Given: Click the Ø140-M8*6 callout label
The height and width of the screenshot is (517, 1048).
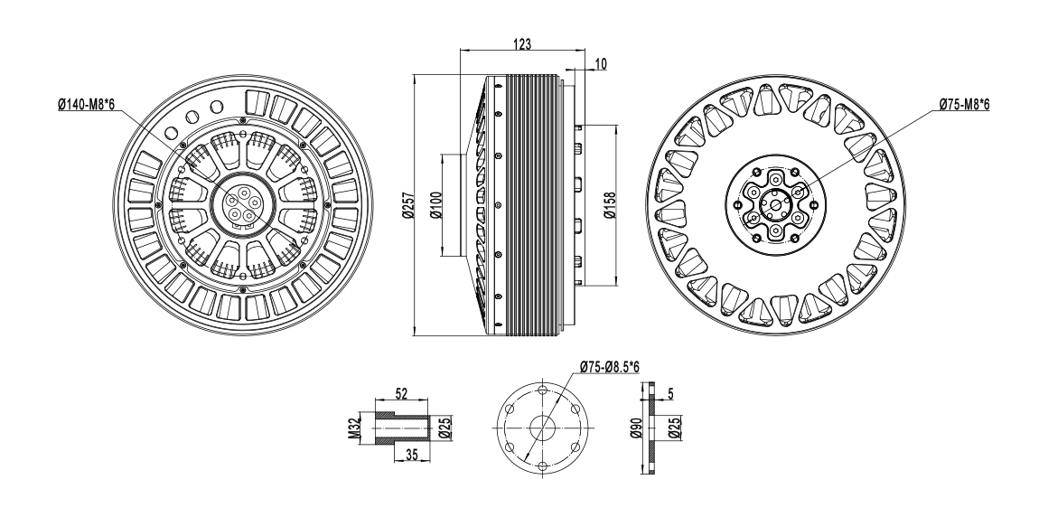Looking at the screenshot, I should click(86, 106).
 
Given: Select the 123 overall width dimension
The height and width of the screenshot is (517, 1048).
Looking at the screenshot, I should click(521, 43).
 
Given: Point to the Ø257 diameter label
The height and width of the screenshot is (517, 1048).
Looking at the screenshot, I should click(407, 205).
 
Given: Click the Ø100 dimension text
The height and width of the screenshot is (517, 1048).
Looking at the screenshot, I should click(435, 205).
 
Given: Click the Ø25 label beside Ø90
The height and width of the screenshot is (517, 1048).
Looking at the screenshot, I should click(672, 426).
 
